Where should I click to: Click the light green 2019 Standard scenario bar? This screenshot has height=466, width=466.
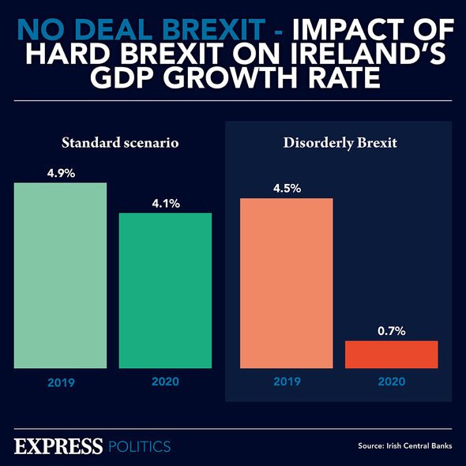pos(60,275)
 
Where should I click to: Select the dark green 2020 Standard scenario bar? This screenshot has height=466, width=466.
pos(165,290)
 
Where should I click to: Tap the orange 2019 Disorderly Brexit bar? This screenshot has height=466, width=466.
pos(286,282)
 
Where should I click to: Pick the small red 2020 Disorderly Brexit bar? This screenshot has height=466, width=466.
pos(392,354)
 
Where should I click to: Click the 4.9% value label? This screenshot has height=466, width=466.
pos(60,173)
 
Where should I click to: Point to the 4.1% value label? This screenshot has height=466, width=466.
pos(165,203)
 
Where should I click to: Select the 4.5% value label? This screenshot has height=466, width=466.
pos(286,188)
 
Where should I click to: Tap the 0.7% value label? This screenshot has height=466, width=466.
pos(392,331)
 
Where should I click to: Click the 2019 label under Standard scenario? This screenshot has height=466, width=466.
pos(60,382)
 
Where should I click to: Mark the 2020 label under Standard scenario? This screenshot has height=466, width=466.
pos(165,382)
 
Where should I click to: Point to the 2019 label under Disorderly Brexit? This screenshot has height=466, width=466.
pos(286,382)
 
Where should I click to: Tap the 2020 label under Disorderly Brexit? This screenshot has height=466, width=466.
pos(392,382)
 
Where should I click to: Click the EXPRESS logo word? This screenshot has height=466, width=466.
pos(58,445)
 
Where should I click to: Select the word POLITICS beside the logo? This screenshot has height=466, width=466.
pos(139,446)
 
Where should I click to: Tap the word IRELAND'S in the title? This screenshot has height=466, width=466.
pos(370,56)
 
